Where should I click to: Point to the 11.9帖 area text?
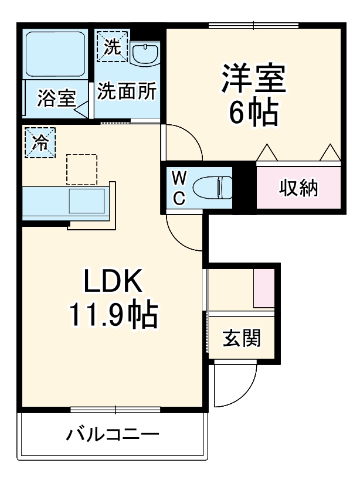point(113,316)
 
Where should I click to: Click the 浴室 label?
point(56,98)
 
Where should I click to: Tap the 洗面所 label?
point(127,91)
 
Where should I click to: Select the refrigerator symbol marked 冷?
point(39,142)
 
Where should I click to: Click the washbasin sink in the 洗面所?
point(144,54)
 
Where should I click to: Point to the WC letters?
point(179,188)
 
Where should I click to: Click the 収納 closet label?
point(298,188)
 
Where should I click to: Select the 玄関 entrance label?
point(241,338)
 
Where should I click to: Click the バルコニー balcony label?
point(112,435)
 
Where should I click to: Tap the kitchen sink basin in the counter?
point(87,202)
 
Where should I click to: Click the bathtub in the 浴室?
point(55,53)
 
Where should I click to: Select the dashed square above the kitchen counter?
point(81,169)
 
